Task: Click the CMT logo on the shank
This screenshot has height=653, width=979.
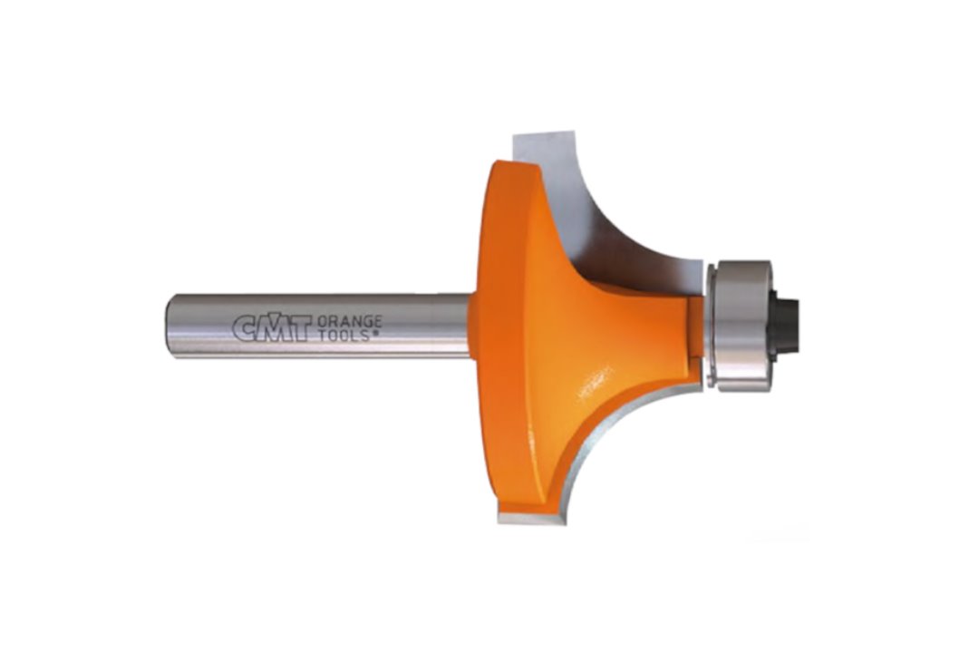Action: (x=272, y=328)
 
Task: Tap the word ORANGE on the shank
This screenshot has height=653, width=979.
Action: (x=350, y=322)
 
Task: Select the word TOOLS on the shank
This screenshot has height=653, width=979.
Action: (x=345, y=336)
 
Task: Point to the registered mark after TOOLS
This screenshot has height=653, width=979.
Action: (x=376, y=334)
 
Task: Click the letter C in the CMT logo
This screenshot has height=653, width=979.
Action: (x=245, y=328)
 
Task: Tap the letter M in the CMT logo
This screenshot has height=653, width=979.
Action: (x=272, y=328)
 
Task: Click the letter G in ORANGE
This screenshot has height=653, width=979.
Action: (x=365, y=322)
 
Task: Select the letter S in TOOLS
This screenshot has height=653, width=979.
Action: (x=367, y=336)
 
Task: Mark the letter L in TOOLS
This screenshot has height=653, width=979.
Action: (x=357, y=336)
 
